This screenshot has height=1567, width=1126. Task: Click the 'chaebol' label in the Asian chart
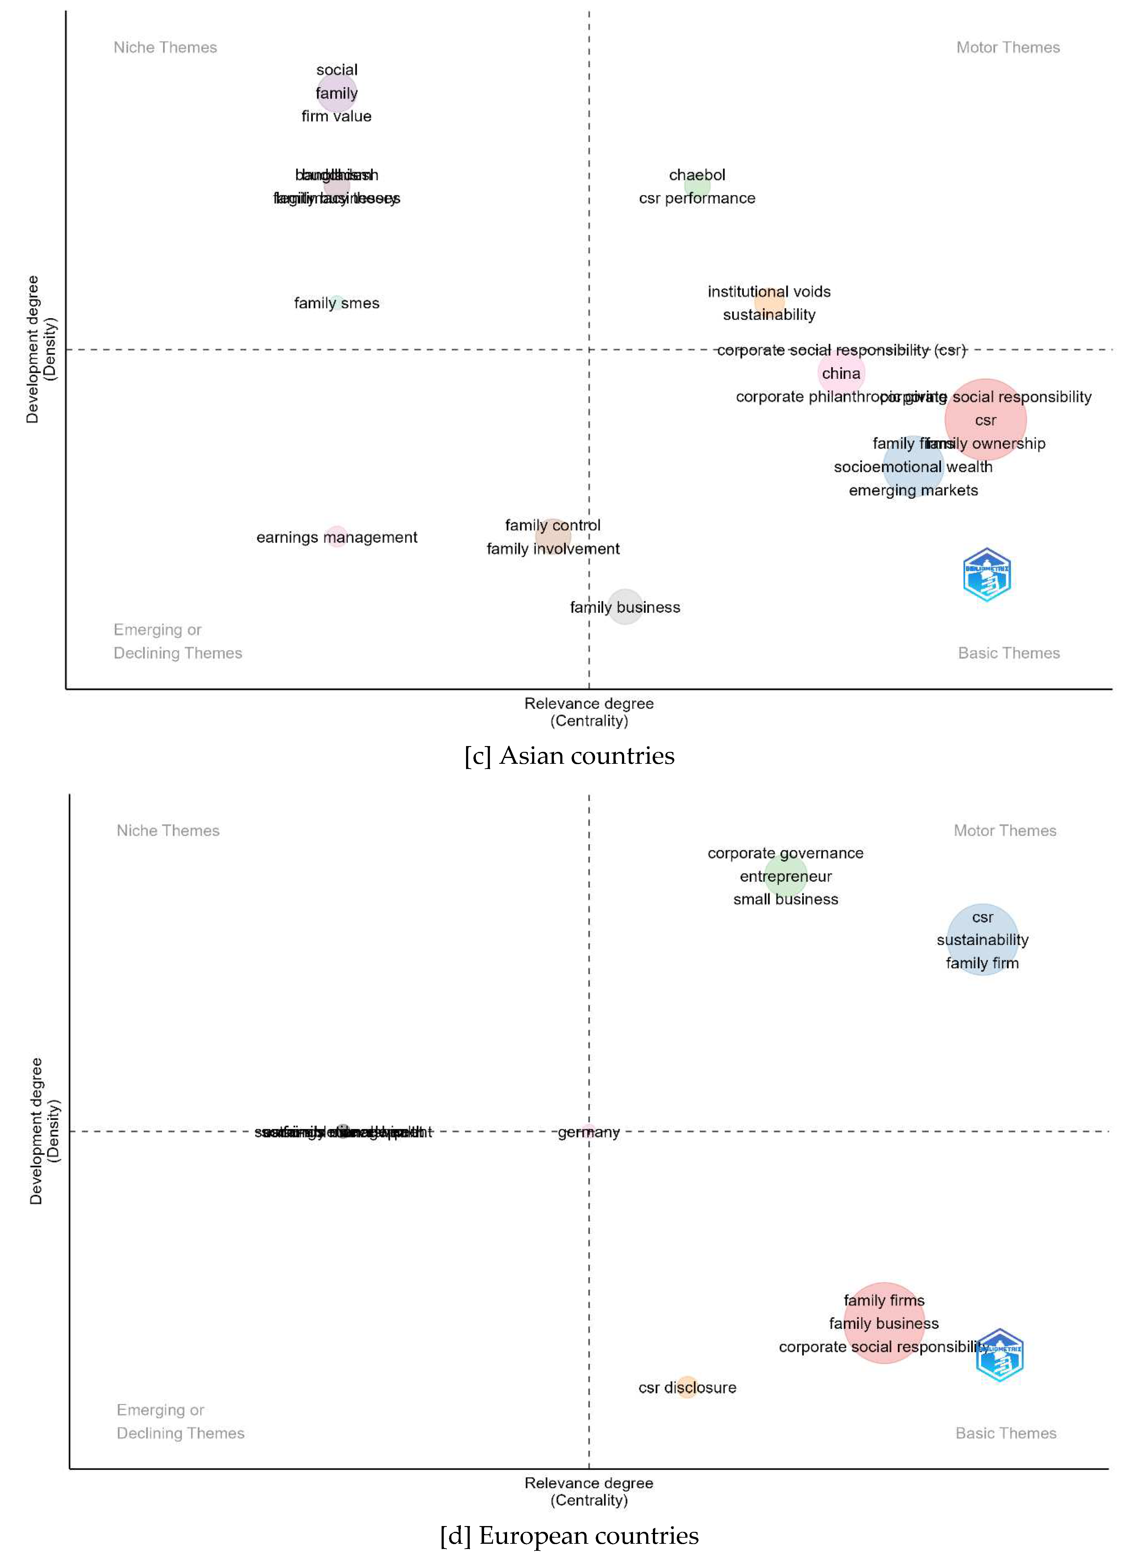pyautogui.click(x=697, y=175)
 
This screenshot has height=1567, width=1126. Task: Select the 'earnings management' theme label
pyautogui.click(x=337, y=538)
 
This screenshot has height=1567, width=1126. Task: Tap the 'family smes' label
pyautogui.click(x=337, y=303)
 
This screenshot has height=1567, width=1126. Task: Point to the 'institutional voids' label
pyautogui.click(x=769, y=292)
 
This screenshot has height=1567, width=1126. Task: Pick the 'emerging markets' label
pyautogui.click(x=913, y=491)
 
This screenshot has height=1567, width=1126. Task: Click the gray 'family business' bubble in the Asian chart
pyautogui.click(x=625, y=607)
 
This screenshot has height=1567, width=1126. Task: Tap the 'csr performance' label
pyautogui.click(x=697, y=198)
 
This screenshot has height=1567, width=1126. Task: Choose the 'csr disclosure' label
pyautogui.click(x=687, y=1387)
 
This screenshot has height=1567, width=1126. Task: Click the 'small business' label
pyautogui.click(x=785, y=899)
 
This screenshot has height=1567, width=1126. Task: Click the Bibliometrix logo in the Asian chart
pyautogui.click(x=987, y=575)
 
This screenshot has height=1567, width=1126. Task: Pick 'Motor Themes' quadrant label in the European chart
pyautogui.click(x=1005, y=830)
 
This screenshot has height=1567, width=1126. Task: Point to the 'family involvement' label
pyautogui.click(x=553, y=549)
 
